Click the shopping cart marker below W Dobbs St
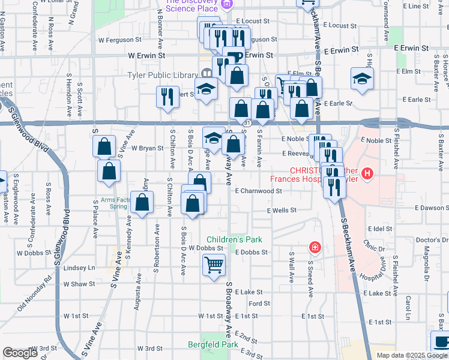pyautogui.click(x=214, y=265)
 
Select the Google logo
pyautogui.click(x=19, y=353)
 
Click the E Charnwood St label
pyautogui.click(x=258, y=191)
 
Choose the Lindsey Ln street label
pyautogui.click(x=79, y=268)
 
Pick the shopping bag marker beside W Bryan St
pyautogui.click(x=104, y=146)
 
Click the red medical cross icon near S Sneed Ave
pyautogui.click(x=315, y=247)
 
